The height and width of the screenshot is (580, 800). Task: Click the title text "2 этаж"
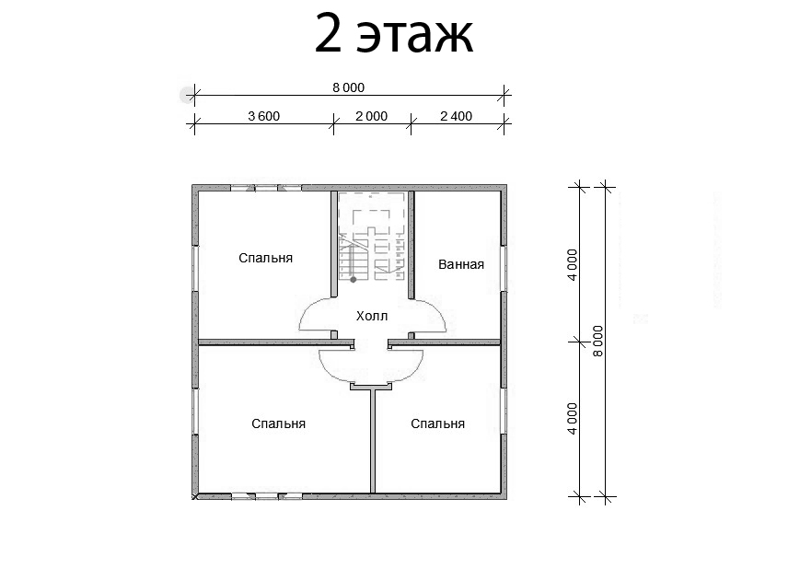pyautogui.click(x=394, y=34)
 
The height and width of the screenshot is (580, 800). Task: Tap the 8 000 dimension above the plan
pyautogui.click(x=349, y=87)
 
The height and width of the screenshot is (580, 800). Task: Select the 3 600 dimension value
pyautogui.click(x=264, y=116)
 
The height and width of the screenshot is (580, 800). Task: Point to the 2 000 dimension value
pyautogui.click(x=371, y=116)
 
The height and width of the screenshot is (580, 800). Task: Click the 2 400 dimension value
pyautogui.click(x=456, y=116)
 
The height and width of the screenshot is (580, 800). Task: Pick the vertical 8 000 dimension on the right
pyautogui.click(x=598, y=342)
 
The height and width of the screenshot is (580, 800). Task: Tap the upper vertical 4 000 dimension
pyautogui.click(x=573, y=265)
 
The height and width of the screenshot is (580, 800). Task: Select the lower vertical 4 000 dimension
pyautogui.click(x=573, y=419)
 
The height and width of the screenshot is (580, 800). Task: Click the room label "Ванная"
pyautogui.click(x=461, y=264)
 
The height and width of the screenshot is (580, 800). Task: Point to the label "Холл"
pyautogui.click(x=372, y=317)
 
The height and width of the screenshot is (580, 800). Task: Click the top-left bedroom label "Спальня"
pyautogui.click(x=266, y=258)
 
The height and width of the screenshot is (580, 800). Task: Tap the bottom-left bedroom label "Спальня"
pyautogui.click(x=279, y=423)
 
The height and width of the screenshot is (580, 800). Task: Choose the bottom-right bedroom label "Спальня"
pyautogui.click(x=438, y=423)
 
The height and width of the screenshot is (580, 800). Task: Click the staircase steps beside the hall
pyautogui.click(x=354, y=261)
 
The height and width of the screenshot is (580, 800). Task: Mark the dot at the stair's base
pyautogui.click(x=354, y=280)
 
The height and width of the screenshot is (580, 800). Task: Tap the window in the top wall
pyautogui.click(x=266, y=188)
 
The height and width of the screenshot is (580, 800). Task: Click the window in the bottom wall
pyautogui.click(x=266, y=495)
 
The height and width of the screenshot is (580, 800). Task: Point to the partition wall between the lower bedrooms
pyautogui.click(x=373, y=440)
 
